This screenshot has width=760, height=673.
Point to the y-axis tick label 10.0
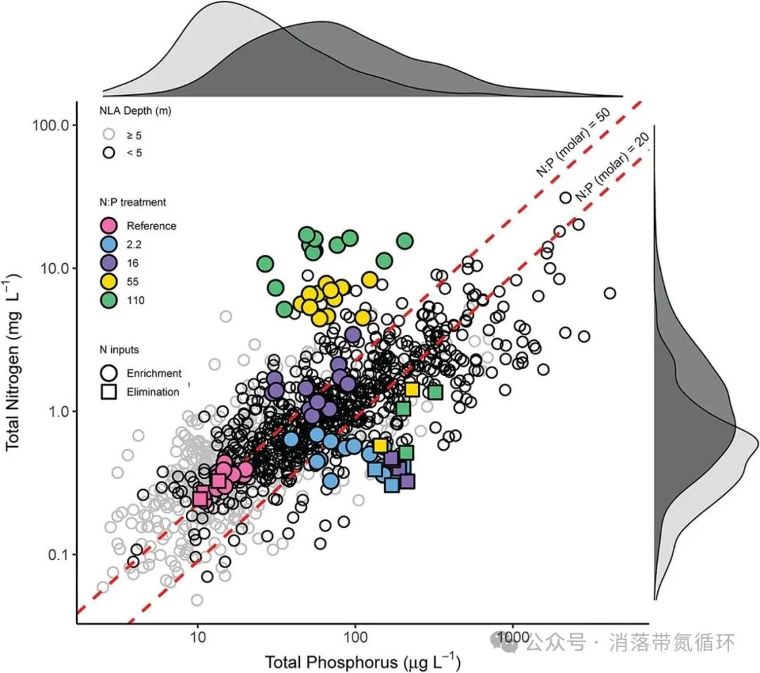(x=53, y=269)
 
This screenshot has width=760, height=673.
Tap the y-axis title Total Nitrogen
(x=13, y=373)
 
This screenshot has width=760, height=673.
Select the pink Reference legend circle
(x=109, y=226)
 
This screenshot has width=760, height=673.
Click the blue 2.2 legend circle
(x=109, y=245)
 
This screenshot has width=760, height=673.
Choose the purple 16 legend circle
(x=109, y=263)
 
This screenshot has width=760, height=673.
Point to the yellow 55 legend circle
(x=109, y=282)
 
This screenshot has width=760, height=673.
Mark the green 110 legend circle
(x=109, y=301)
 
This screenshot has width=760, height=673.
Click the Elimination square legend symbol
(x=109, y=392)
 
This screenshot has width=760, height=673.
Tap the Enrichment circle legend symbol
(x=109, y=373)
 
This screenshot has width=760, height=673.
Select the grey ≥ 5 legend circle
(x=108, y=134)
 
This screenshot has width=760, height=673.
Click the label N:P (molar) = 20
(x=610, y=169)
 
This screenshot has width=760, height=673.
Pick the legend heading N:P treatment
(x=132, y=202)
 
